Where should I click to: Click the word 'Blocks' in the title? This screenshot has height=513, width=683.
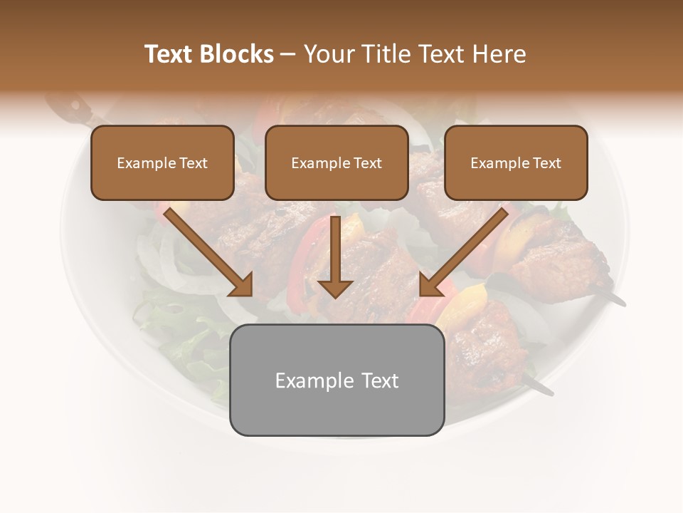click(238, 54)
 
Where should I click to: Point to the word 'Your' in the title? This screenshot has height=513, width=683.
click(329, 54)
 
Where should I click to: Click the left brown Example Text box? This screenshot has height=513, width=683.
click(162, 162)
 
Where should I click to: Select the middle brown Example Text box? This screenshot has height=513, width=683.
click(337, 162)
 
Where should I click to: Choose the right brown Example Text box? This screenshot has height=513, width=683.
click(516, 162)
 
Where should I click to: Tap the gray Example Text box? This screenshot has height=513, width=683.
click(337, 380)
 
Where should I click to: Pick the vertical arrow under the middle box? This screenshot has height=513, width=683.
click(335, 256)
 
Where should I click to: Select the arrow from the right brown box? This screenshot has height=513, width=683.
click(463, 252)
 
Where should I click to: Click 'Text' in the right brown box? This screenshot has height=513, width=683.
click(547, 163)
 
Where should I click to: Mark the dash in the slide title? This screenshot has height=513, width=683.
click(288, 54)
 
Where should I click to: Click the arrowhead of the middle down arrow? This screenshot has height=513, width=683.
click(335, 288)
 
